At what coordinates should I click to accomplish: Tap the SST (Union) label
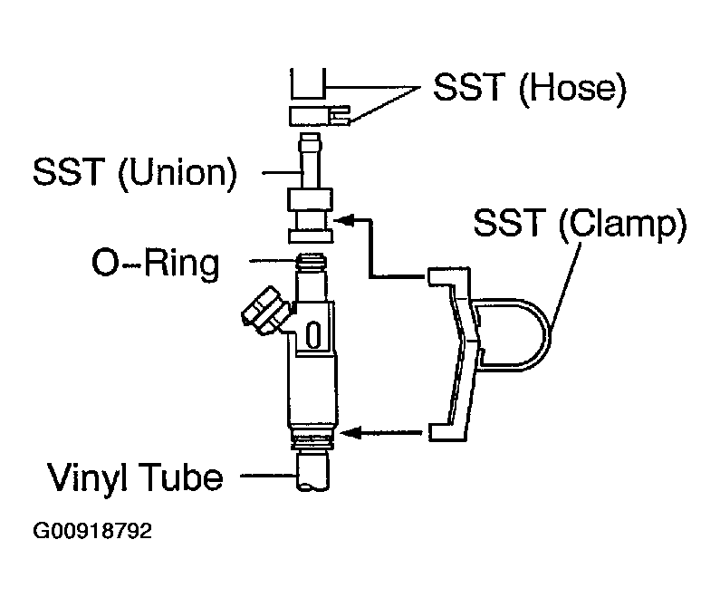tap(135, 172)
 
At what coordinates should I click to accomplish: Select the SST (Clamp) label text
tap(580, 223)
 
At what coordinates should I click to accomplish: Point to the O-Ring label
tap(156, 263)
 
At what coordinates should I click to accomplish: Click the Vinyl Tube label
tap(135, 477)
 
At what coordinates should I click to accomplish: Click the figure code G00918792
tap(92, 531)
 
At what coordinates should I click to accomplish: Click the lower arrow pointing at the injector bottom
tap(380, 432)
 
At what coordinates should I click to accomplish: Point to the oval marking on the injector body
tap(313, 335)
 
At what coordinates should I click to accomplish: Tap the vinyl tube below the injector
tap(312, 471)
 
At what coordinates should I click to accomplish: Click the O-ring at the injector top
tap(312, 262)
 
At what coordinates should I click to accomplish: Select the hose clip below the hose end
tap(320, 116)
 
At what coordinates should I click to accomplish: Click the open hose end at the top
tap(308, 83)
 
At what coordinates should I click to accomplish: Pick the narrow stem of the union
tap(310, 161)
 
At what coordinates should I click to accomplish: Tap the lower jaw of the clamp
tap(448, 432)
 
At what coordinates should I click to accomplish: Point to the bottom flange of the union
tap(311, 236)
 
